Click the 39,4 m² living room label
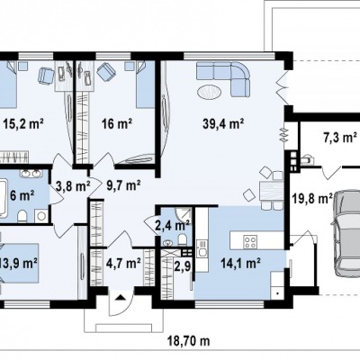(223, 123)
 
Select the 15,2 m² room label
(23, 123)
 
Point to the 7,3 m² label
(339, 137)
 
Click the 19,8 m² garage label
(312, 198)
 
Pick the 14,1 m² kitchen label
(240, 264)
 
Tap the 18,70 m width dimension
(189, 341)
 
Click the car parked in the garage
(346, 233)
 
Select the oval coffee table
(210, 92)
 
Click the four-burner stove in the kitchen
(250, 242)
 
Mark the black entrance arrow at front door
(121, 297)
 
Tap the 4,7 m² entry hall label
(123, 264)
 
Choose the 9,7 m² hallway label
(123, 186)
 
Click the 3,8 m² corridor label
(73, 186)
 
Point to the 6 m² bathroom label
(22, 196)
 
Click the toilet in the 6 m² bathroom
(22, 217)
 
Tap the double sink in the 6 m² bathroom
(31, 173)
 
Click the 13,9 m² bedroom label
(19, 264)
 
